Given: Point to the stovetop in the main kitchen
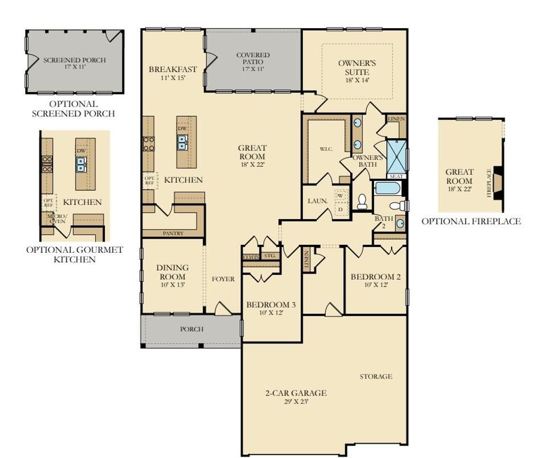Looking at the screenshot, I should pyautogui.click(x=148, y=143).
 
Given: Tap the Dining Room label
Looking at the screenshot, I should pyautogui.click(x=173, y=272).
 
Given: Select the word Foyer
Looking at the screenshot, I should pyautogui.click(x=223, y=279).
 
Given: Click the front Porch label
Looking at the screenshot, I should pyautogui.click(x=191, y=329).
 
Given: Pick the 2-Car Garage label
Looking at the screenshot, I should pyautogui.click(x=296, y=397).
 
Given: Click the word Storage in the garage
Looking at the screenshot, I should pyautogui.click(x=376, y=376).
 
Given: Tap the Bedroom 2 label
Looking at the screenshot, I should pyautogui.click(x=376, y=280).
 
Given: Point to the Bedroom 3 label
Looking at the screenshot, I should pyautogui.click(x=271, y=308).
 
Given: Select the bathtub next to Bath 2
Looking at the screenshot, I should pyautogui.click(x=387, y=188).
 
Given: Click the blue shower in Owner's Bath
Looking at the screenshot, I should pyautogui.click(x=395, y=155).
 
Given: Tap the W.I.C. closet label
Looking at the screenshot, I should pyautogui.click(x=326, y=149).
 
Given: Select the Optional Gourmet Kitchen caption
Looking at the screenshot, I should pyautogui.click(x=75, y=254).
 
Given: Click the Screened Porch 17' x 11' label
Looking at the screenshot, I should pyautogui.click(x=75, y=63).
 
